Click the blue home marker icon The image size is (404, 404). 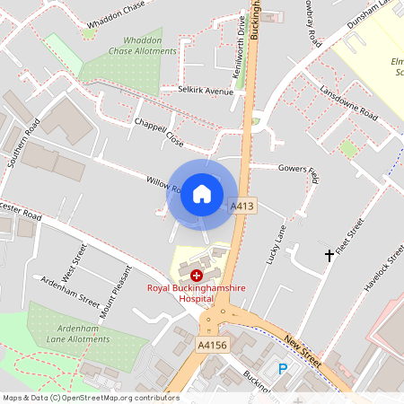point(202,194)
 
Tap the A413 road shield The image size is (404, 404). point(242,206)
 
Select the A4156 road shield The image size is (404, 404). point(212,344)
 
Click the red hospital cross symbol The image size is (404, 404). point(197,275)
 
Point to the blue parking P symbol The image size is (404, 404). point(284,369)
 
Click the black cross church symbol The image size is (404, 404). point(329,256)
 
